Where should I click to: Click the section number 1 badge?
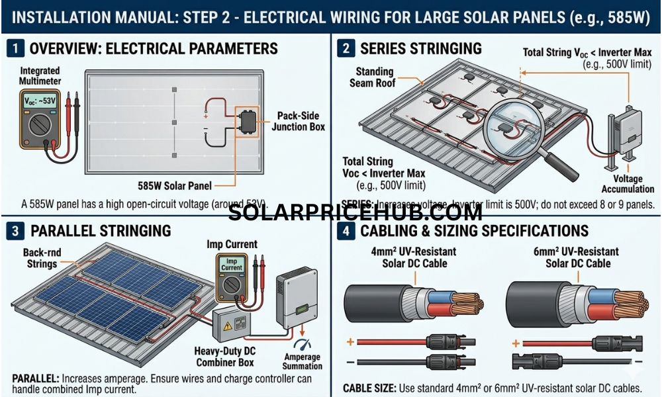pyautogui.click(x=17, y=48)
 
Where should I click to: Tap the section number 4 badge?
pyautogui.click(x=346, y=231)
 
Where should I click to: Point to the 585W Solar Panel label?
pyautogui.click(x=170, y=187)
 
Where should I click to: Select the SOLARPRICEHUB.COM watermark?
pyautogui.click(x=355, y=213)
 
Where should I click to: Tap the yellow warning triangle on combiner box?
pyautogui.click(x=227, y=326)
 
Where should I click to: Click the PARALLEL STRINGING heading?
pyautogui.click(x=100, y=231)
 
